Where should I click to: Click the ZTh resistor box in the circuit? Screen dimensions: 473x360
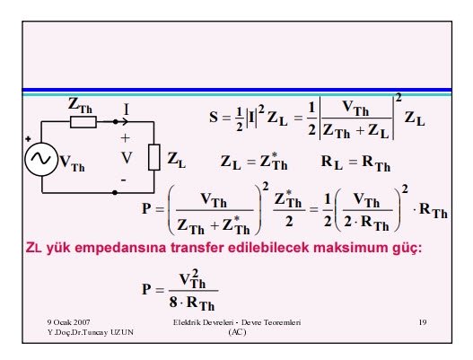click(x=83, y=122)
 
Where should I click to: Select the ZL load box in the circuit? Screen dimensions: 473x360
click(x=154, y=157)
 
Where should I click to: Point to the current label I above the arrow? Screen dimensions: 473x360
click(x=126, y=110)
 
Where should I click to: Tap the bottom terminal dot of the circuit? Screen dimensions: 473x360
click(x=115, y=192)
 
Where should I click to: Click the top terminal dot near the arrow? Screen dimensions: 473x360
click(x=115, y=121)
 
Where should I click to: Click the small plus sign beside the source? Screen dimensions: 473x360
click(x=28, y=139)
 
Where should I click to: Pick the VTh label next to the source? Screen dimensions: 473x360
click(x=72, y=163)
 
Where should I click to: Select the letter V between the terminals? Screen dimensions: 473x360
click(x=127, y=158)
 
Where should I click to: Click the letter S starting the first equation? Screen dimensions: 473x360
click(x=214, y=117)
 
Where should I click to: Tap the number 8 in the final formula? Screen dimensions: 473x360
click(x=173, y=302)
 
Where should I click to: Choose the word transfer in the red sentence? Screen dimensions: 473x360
click(x=197, y=248)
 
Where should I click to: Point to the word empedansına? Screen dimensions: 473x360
click(x=120, y=249)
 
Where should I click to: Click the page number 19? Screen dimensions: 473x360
click(x=423, y=322)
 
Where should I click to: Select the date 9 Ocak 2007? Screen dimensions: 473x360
click(x=68, y=322)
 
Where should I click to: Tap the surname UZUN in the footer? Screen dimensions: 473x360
click(x=122, y=332)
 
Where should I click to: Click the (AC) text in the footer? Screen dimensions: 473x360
click(x=238, y=332)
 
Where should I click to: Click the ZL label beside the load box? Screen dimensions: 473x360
click(x=177, y=160)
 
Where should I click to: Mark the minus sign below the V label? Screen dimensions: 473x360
click(x=124, y=180)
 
